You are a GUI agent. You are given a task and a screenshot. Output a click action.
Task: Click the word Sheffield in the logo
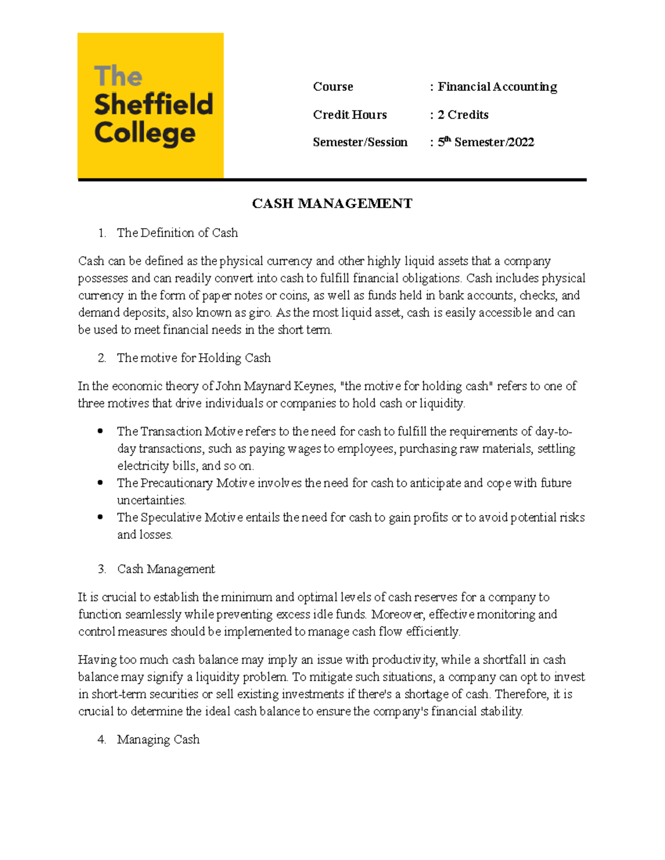[x=154, y=105]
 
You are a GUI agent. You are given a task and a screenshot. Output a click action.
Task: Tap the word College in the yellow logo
[x=145, y=133]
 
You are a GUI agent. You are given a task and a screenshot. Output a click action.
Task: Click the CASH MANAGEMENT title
[x=332, y=204]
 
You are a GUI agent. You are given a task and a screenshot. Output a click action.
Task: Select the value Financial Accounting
[x=497, y=87]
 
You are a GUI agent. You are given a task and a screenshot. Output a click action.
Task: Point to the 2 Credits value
[x=463, y=115]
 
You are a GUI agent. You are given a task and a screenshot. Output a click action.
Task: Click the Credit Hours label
[x=350, y=115]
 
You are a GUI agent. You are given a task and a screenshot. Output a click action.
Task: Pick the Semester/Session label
[x=360, y=142]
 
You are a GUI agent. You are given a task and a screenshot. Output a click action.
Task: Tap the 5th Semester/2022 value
[x=485, y=142]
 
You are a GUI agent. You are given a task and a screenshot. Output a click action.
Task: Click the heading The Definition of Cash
[x=177, y=233]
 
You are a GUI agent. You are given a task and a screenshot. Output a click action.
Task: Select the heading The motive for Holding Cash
[x=193, y=358]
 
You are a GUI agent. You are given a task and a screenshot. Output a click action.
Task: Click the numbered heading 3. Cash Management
[x=166, y=569]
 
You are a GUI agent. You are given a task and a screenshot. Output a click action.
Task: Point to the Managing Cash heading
[x=158, y=740]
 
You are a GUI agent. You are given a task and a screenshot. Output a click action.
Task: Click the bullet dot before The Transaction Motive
[x=100, y=431]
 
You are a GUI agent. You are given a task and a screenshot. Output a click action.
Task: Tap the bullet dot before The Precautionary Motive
[x=100, y=482]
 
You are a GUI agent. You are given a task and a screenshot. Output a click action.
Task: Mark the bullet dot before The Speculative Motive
[x=100, y=517]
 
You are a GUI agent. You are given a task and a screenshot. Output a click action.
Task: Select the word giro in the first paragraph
[x=260, y=313]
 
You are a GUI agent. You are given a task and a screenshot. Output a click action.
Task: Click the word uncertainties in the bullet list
[x=151, y=501]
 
